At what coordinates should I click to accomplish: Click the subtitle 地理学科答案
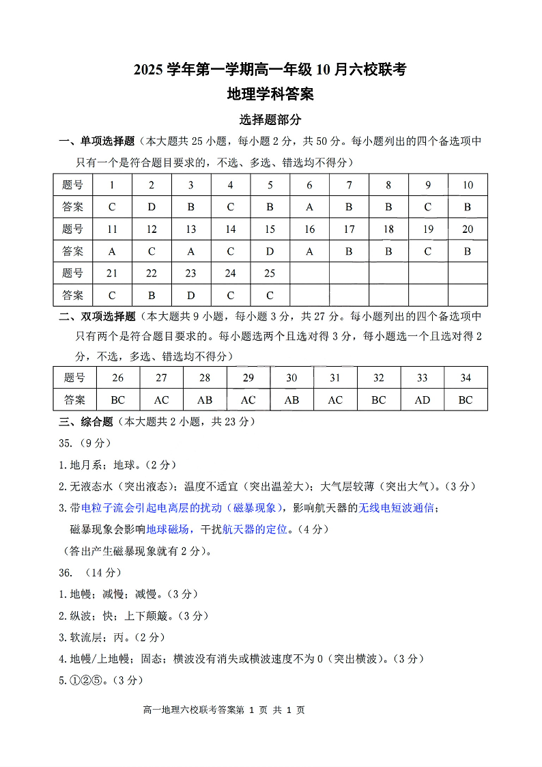coord(270,94)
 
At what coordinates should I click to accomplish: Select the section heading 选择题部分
coord(270,120)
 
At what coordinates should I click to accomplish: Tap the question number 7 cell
coord(349,184)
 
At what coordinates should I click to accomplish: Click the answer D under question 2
coord(152,207)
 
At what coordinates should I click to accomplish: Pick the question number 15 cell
coord(270,229)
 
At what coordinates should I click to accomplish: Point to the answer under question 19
coord(428,251)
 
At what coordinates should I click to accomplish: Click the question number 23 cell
coord(191,273)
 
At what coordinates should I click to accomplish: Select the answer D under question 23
coord(191,295)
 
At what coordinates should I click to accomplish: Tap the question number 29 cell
coord(248,378)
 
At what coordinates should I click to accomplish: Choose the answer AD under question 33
coord(422,400)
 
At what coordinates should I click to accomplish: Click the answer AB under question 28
coord(204,400)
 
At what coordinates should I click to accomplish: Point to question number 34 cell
coord(466,378)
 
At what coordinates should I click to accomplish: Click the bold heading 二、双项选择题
coord(98,316)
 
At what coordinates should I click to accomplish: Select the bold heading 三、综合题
coord(86,421)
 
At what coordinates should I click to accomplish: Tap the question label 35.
coord(66,443)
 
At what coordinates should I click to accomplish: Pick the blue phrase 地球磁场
coord(167,529)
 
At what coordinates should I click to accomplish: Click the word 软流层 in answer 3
coord(86,637)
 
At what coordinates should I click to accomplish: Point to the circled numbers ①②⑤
coord(86,680)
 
